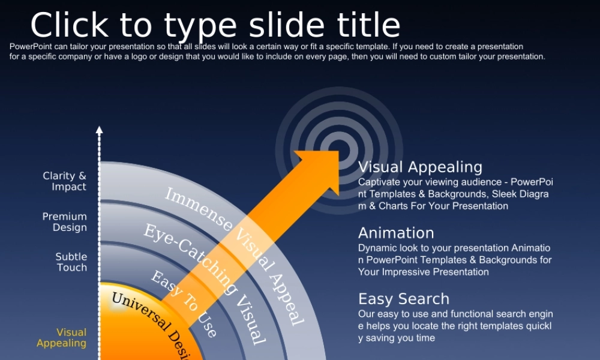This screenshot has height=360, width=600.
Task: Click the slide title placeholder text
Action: (x=215, y=26)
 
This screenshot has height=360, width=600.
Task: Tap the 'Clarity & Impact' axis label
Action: (x=65, y=181)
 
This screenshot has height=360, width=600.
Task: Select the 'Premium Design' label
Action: (x=65, y=222)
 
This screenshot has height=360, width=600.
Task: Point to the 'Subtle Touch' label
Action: (x=71, y=262)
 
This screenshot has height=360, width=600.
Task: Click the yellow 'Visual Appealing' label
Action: (x=62, y=338)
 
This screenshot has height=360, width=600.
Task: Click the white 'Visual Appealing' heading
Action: (x=420, y=167)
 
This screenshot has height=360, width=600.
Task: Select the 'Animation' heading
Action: (x=396, y=233)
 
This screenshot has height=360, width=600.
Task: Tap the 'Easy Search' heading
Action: (x=404, y=299)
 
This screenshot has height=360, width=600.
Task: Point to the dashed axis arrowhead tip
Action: (x=99, y=127)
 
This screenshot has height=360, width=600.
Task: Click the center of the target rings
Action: (x=339, y=150)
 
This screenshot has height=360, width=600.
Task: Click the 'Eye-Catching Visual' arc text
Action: (x=205, y=284)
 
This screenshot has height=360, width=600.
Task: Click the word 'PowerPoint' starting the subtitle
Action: (x=31, y=47)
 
